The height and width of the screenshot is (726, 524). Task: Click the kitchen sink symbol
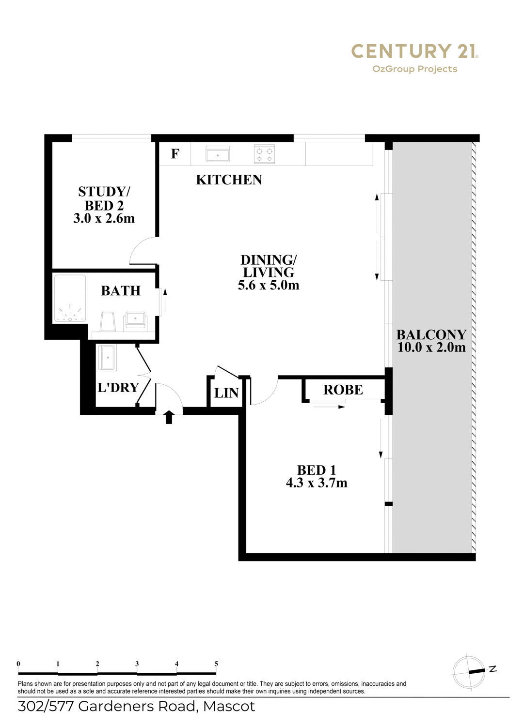(218, 153)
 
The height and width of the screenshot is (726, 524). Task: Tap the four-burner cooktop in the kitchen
(264, 153)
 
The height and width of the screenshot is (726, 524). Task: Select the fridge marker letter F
(175, 153)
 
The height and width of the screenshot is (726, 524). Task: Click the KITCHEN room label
(229, 180)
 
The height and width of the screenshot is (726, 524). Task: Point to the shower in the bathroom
(70, 299)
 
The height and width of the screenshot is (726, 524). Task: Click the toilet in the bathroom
(108, 321)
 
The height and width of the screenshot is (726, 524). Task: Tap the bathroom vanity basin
(135, 320)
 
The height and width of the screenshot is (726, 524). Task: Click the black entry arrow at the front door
(169, 417)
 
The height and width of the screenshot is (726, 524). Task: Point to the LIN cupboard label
(226, 393)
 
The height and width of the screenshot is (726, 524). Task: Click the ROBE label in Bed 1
(343, 390)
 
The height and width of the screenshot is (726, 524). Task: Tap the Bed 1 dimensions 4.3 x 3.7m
(317, 483)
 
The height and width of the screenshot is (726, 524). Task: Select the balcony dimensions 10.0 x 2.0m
(431, 347)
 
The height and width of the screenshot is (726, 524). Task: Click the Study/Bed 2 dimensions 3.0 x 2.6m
(104, 218)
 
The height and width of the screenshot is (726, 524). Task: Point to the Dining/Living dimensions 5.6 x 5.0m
(269, 285)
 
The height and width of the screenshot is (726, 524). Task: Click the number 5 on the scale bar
(216, 664)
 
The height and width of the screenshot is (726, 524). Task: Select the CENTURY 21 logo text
(414, 51)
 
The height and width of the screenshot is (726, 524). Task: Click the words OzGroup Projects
(414, 69)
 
